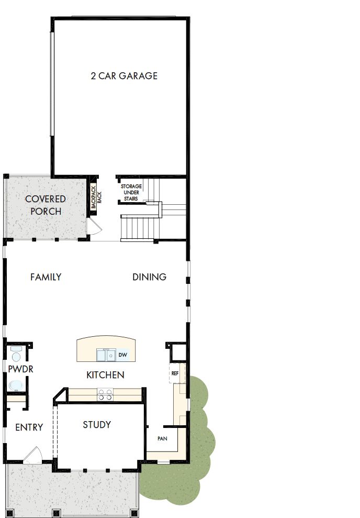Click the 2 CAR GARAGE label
(124, 76)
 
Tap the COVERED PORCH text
(46, 205)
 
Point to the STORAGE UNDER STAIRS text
(131, 192)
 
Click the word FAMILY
(46, 277)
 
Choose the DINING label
(149, 277)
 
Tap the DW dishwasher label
(123, 355)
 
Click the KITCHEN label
(105, 375)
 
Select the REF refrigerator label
(175, 373)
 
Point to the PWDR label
(21, 369)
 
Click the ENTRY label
(29, 427)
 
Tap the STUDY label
(97, 425)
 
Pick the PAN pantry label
(162, 438)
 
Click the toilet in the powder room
(16, 356)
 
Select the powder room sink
(15, 385)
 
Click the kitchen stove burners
(105, 394)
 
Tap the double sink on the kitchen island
(107, 355)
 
